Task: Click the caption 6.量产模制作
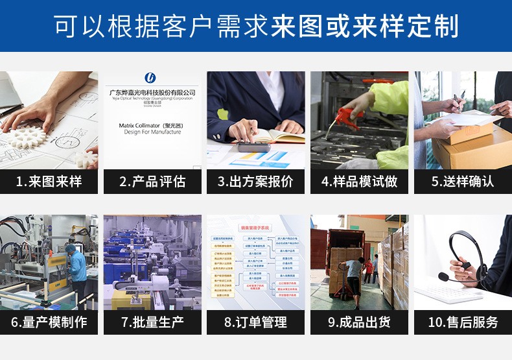click(x=49, y=322)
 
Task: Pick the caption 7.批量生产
click(x=152, y=322)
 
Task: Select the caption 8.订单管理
click(x=256, y=322)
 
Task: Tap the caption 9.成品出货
click(x=359, y=322)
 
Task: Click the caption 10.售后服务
click(x=463, y=322)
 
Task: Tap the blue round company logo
click(x=151, y=78)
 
